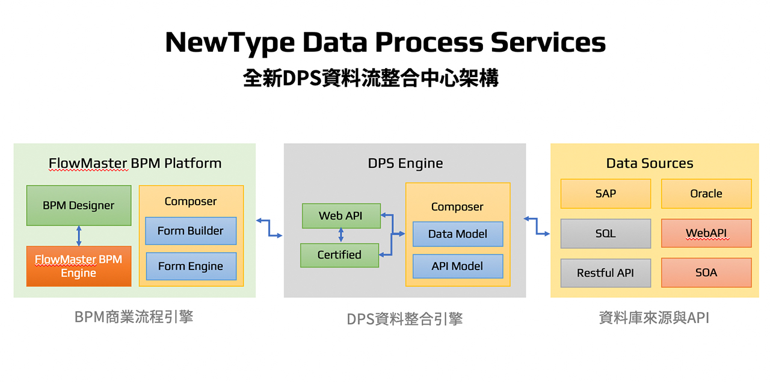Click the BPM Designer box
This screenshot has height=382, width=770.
pos(79,206)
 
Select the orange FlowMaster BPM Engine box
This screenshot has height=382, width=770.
pos(79,266)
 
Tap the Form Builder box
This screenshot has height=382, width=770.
pos(191,231)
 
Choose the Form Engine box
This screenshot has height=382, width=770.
pos(191,266)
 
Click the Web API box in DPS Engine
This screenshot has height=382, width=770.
pos(341,216)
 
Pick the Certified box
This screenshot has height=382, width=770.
pos(340,255)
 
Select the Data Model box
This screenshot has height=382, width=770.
pos(458,234)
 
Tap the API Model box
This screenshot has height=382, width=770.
pos(458,266)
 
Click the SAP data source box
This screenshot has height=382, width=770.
pos(606,194)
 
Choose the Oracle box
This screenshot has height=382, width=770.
pos(706,194)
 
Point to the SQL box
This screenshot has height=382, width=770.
pos(606,233)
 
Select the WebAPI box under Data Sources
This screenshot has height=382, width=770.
pos(706,233)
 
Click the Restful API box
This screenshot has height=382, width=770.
pos(606,273)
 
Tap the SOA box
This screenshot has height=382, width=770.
pos(706,273)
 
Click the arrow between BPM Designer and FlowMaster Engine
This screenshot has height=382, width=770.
pos(79,236)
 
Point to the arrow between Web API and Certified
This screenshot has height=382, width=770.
pos(341,235)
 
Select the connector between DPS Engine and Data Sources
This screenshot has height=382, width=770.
pos(537,226)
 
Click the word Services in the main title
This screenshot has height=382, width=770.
pos(548,42)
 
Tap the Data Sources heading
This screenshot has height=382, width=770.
pos(650,163)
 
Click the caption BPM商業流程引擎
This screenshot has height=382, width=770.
pos(134,317)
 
